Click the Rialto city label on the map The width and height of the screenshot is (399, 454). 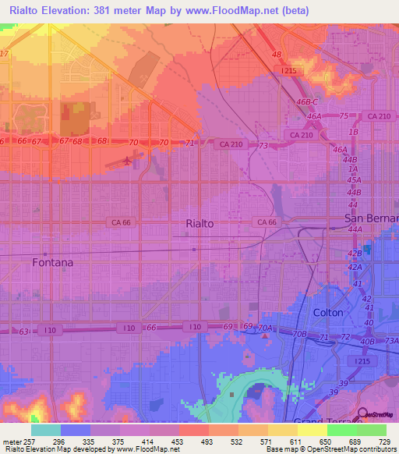(199, 223)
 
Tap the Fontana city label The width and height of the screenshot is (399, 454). (53, 263)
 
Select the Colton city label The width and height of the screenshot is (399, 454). (327, 312)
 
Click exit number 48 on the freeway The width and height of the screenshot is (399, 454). (277, 55)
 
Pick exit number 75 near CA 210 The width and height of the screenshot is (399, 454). (343, 115)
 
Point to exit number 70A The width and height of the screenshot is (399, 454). (266, 328)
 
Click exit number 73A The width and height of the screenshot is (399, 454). (391, 341)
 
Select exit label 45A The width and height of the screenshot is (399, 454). (354, 179)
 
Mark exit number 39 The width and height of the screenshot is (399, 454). (342, 392)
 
